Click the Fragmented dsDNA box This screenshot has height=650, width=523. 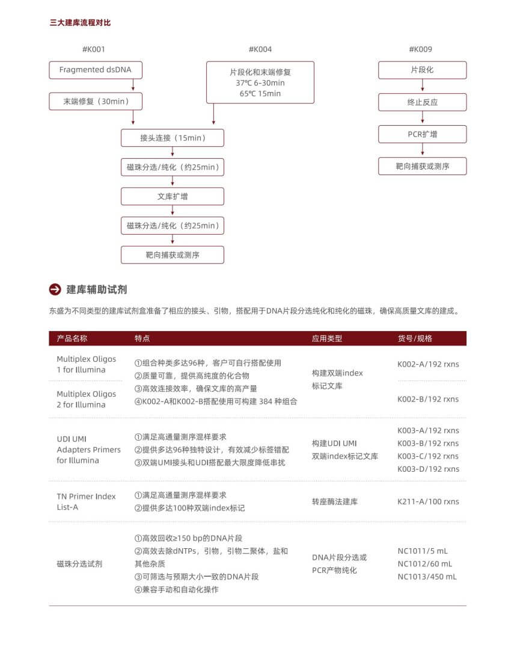point(96,70)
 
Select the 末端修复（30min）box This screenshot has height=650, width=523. point(96,102)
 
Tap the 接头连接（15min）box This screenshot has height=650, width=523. point(173,138)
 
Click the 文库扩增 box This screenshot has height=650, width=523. point(173,196)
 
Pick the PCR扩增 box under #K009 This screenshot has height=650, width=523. point(422,134)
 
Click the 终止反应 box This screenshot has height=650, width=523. point(422,102)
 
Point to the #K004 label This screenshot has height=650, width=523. point(260,49)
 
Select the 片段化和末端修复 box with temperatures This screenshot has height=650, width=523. point(260,82)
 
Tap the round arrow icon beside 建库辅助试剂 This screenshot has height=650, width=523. point(55,289)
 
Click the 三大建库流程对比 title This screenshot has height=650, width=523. point(80,23)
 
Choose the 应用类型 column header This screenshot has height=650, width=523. point(327,338)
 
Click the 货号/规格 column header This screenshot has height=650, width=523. point(415,338)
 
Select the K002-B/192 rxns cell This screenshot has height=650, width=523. point(428,399)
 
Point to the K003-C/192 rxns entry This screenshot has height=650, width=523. point(428,456)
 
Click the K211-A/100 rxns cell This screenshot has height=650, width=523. point(428,501)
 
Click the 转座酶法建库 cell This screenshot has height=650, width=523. point(334,501)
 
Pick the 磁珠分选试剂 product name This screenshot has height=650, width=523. point(79,564)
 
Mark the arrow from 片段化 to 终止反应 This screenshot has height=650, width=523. point(422,87)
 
